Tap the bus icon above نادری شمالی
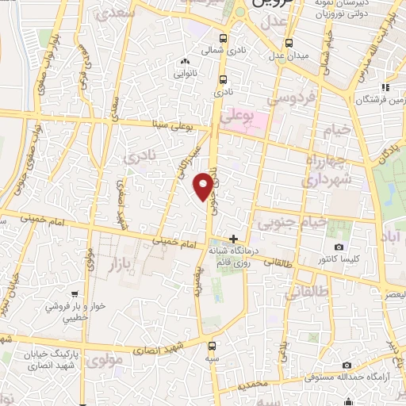coord(224,37)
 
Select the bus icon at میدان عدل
coord(289,42)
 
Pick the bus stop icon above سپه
coord(212,346)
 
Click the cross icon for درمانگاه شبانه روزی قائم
coord(233,238)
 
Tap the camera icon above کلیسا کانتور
coord(339,247)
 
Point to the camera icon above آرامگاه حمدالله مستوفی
coord(347,365)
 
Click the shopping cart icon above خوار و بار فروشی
coord(74,293)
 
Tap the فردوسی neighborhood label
coord(292,100)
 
